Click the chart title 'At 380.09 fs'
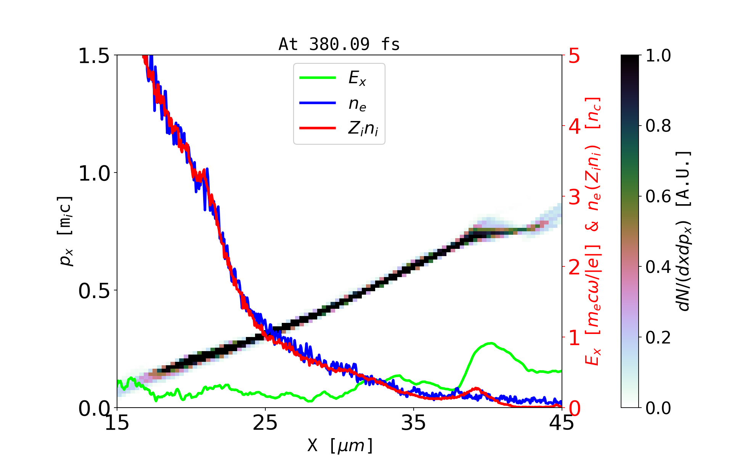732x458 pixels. tap(339, 44)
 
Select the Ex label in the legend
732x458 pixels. tap(357, 78)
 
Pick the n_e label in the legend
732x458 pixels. tap(357, 104)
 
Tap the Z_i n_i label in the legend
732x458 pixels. tap(363, 129)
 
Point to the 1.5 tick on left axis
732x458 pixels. tap(94, 56)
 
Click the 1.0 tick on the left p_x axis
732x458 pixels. tap(94, 174)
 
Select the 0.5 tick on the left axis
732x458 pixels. tap(94, 291)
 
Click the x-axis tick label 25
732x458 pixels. tap(265, 423)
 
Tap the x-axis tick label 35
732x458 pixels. tap(414, 423)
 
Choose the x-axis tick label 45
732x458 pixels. tap(562, 423)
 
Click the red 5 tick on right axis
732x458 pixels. tap(575, 56)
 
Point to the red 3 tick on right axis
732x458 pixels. tap(575, 197)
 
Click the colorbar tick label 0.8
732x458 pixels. tap(658, 126)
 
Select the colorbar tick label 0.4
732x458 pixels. tap(658, 267)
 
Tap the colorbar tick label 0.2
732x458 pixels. tap(658, 337)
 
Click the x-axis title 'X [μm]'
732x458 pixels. tap(340, 445)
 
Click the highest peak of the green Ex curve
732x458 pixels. tap(491, 343)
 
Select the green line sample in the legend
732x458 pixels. tap(318, 78)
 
